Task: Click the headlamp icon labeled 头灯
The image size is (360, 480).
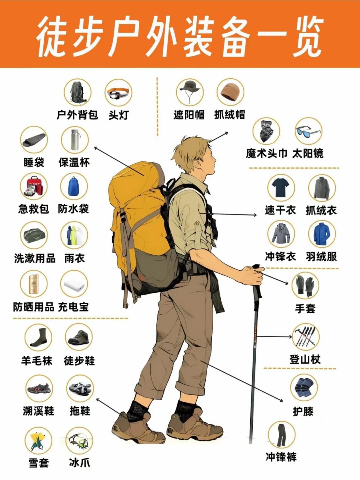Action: pyautogui.click(x=118, y=93)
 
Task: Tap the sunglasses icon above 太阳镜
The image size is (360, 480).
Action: pyautogui.click(x=308, y=131)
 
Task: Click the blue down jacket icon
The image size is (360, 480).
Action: pyautogui.click(x=322, y=234)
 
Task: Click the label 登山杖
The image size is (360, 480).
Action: pyautogui.click(x=305, y=360)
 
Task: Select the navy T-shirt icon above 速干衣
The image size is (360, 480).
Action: pyautogui.click(x=281, y=187)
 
